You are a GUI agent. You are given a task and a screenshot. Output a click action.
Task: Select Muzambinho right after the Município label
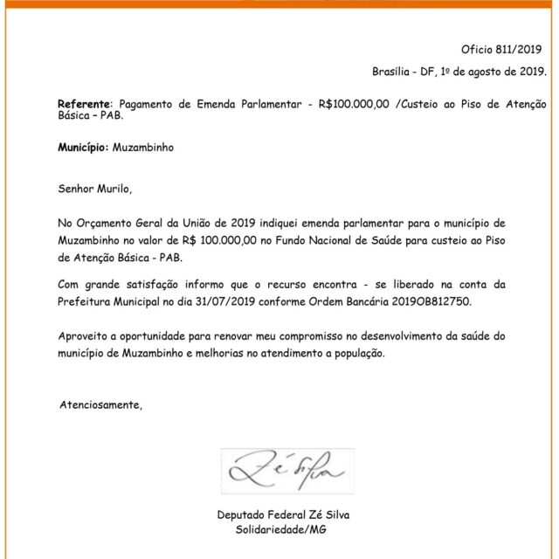143,148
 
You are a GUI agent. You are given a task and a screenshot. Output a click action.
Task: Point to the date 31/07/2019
265,300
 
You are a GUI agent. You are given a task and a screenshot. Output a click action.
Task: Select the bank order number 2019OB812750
436,300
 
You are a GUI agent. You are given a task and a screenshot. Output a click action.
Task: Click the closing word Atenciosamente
99,404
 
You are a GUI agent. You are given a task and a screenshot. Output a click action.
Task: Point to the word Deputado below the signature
245,515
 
